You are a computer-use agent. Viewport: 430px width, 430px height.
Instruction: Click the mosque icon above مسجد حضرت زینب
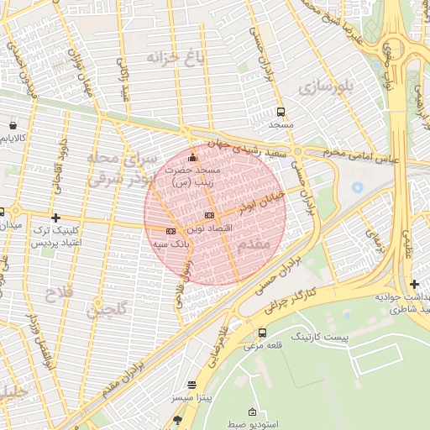tap(192, 157)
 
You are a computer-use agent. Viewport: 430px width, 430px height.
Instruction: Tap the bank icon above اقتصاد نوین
tap(209, 216)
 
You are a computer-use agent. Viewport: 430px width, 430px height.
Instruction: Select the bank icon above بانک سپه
tap(170, 231)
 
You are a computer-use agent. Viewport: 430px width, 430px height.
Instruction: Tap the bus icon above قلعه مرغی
tap(263, 333)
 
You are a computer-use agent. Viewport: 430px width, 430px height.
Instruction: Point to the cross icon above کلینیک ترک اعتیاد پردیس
tap(55, 218)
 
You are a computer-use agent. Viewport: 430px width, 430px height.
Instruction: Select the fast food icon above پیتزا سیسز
tap(192, 384)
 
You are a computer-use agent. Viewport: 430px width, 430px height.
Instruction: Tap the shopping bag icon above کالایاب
tap(13, 123)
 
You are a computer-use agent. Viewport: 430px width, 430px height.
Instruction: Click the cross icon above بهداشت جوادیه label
tap(414, 285)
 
